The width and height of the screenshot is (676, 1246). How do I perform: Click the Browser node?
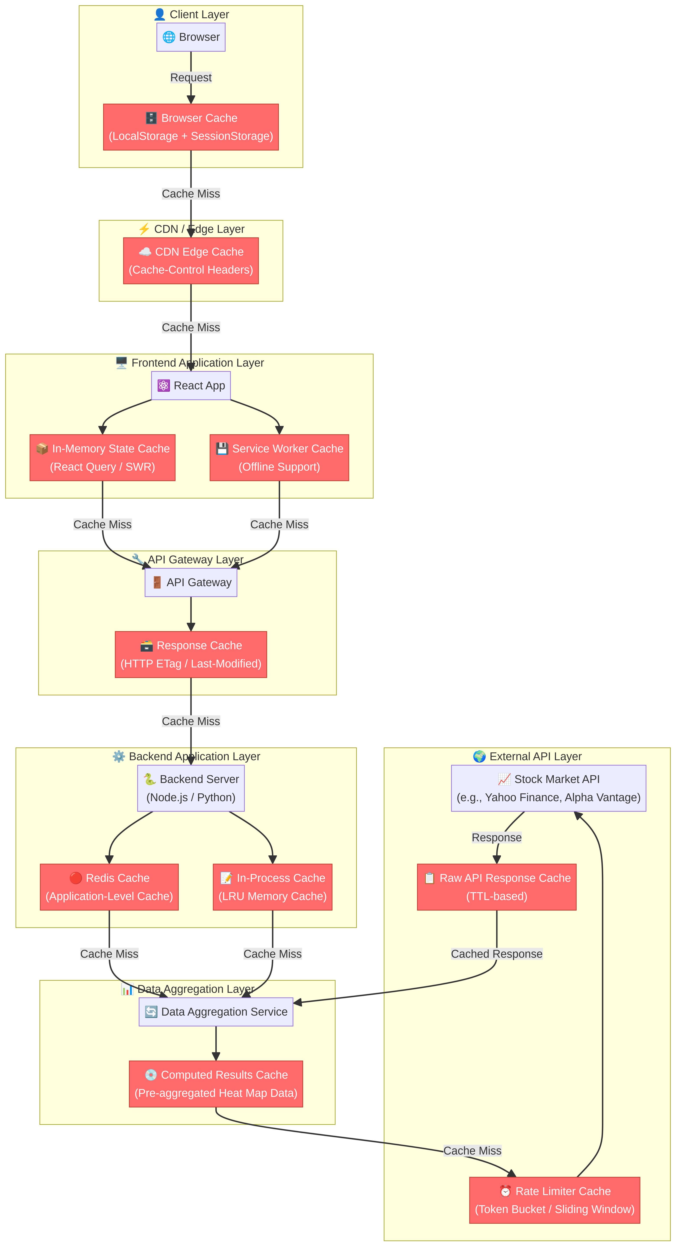(191, 37)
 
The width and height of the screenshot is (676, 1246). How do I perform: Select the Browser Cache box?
(191, 127)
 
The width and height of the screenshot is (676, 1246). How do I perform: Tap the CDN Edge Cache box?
(191, 261)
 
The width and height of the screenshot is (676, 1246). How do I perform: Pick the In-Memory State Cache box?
(102, 458)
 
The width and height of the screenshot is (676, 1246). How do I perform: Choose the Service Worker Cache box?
(279, 458)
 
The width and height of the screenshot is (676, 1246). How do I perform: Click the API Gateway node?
(191, 582)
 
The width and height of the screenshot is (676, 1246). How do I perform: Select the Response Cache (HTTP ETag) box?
(191, 654)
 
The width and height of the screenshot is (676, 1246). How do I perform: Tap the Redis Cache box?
(109, 887)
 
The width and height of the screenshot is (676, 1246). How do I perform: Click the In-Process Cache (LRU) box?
(273, 887)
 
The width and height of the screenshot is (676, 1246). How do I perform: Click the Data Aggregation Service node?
(216, 1012)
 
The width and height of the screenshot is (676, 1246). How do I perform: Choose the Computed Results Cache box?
(216, 1084)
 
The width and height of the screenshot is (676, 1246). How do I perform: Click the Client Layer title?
(192, 15)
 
